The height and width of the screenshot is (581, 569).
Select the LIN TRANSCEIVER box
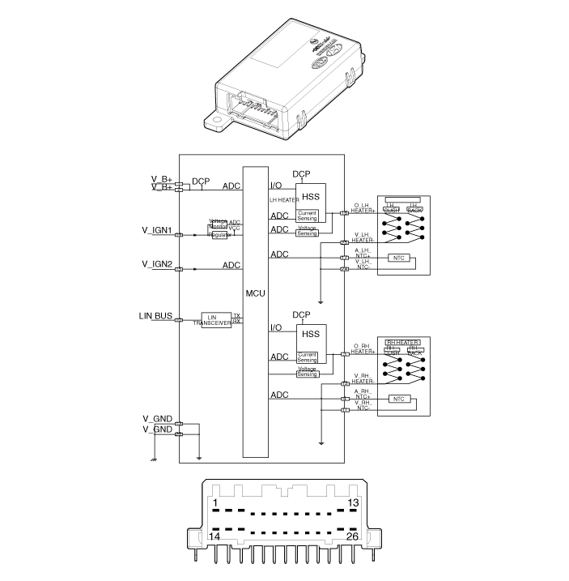215,319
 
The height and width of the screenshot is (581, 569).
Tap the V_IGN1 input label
156,230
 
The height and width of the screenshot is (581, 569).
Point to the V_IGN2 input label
156,264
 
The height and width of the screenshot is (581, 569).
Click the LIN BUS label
155,314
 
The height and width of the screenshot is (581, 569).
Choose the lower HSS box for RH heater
310,334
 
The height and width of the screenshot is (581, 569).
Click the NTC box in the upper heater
398,258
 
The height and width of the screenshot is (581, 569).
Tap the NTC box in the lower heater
398,399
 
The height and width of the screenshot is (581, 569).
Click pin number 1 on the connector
215,504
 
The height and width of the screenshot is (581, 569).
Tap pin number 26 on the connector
353,536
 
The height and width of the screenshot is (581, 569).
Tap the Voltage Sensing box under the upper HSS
308,233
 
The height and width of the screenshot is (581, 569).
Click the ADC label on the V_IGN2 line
231,265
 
